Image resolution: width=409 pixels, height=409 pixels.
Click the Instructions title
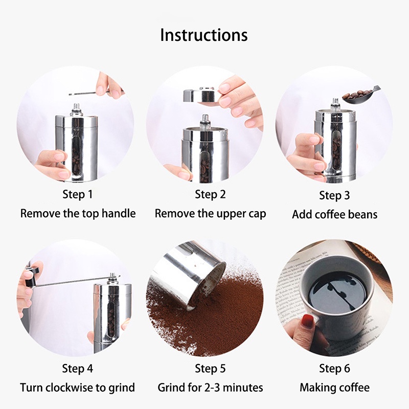203,35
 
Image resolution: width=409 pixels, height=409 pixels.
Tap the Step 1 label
78,194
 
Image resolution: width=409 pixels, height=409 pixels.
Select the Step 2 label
210,194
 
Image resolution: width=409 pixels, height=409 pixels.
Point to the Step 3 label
334,195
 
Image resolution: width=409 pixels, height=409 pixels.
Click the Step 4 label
78,368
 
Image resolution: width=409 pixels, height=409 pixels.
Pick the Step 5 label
210,368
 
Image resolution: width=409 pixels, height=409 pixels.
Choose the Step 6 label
334,368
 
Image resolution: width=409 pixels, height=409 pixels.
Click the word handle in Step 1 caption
119,213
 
